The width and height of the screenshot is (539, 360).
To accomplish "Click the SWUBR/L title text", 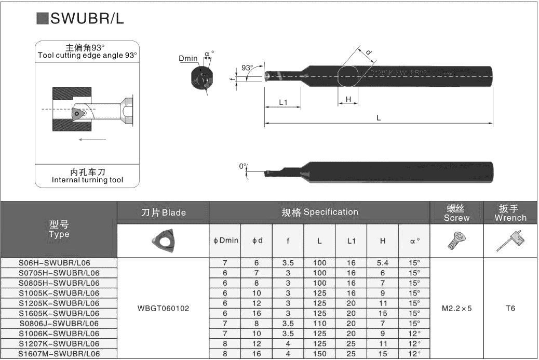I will (x=87, y=19).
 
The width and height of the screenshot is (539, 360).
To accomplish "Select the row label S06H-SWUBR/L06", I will (x=59, y=263).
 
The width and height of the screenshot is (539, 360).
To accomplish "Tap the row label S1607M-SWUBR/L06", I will (x=59, y=354).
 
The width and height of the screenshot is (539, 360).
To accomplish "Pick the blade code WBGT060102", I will (x=163, y=308).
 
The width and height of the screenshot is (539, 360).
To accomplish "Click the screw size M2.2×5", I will (x=456, y=308).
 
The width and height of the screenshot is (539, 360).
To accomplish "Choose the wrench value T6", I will (x=510, y=308).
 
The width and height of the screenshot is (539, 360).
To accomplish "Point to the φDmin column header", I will (x=225, y=241).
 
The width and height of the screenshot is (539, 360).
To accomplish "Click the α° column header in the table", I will (x=414, y=241).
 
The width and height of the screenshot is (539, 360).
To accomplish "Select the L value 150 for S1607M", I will (x=319, y=354).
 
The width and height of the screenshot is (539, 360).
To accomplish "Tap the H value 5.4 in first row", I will (x=382, y=263).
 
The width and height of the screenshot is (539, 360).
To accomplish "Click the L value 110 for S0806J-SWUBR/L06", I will (x=319, y=323).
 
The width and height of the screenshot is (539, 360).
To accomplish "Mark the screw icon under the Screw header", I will (x=456, y=240).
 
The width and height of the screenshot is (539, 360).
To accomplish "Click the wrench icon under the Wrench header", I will (x=510, y=241).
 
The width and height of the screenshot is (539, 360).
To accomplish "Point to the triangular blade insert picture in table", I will (x=163, y=240).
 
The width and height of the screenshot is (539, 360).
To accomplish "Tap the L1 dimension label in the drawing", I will (x=283, y=102).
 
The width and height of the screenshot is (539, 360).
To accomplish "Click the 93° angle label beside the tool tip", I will (x=247, y=68).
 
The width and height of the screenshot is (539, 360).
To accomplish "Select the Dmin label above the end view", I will (x=188, y=59).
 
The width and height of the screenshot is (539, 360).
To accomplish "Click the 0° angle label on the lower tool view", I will (x=242, y=166).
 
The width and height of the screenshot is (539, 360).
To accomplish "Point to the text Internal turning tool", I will (x=87, y=180).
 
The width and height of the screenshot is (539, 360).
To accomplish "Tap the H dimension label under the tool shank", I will (x=348, y=99).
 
